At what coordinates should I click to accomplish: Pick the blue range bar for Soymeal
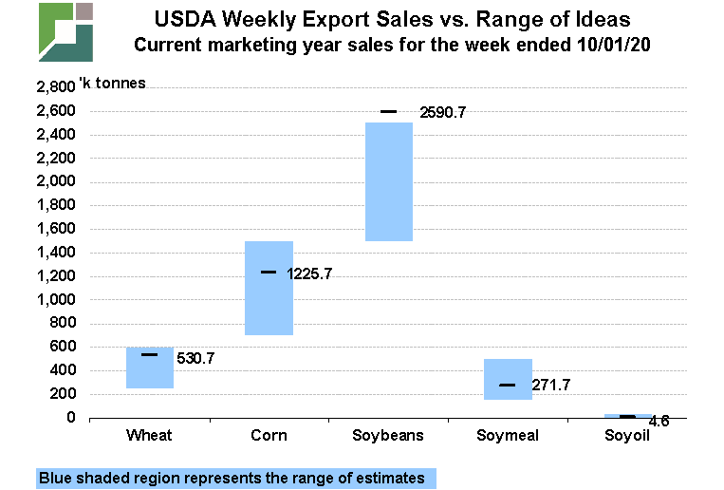[x=508, y=379]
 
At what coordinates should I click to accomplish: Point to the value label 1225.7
[x=309, y=273]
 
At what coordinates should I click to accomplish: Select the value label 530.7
[x=195, y=359]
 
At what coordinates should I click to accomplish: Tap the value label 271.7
[x=550, y=386]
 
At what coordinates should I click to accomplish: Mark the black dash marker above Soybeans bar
[x=389, y=112]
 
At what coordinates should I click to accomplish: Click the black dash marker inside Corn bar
[x=269, y=273]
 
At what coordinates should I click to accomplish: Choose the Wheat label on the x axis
[x=149, y=436]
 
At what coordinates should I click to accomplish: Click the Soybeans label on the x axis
[x=388, y=436]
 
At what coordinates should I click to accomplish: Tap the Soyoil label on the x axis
[x=627, y=436]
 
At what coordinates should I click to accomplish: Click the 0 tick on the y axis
[x=70, y=418]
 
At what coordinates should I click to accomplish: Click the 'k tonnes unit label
[x=119, y=83]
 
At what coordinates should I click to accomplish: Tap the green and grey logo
[x=65, y=31]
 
